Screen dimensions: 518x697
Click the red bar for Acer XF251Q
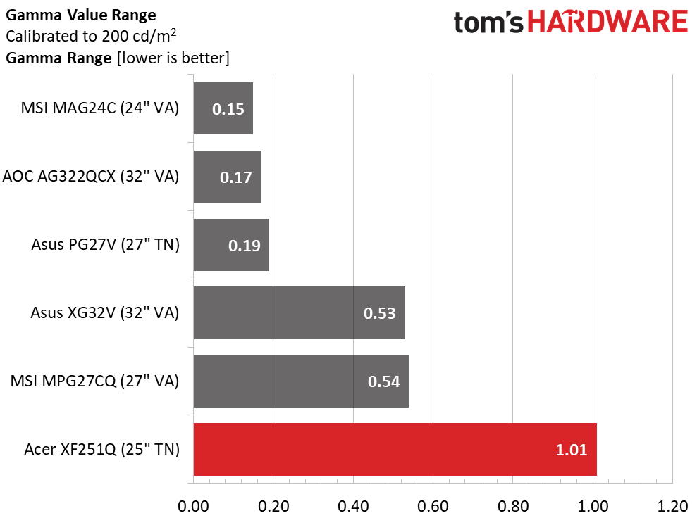point(395,449)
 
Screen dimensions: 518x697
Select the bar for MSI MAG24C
point(223,108)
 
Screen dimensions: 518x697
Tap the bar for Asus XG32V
point(299,312)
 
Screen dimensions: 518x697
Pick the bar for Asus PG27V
point(231,245)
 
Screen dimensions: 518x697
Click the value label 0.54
point(383,381)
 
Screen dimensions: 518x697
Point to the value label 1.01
point(572,450)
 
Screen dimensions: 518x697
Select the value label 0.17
point(236,177)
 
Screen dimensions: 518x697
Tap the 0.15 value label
point(228,110)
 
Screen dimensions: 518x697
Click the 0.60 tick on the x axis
point(433,505)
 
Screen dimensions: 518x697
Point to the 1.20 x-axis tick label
point(673,505)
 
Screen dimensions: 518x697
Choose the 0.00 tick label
point(193,505)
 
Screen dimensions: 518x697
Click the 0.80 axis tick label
point(513,505)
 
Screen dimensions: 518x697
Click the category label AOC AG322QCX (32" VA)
point(91,177)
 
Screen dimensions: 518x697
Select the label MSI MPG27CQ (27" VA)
point(94,381)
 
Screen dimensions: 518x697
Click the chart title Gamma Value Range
point(81,14)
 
